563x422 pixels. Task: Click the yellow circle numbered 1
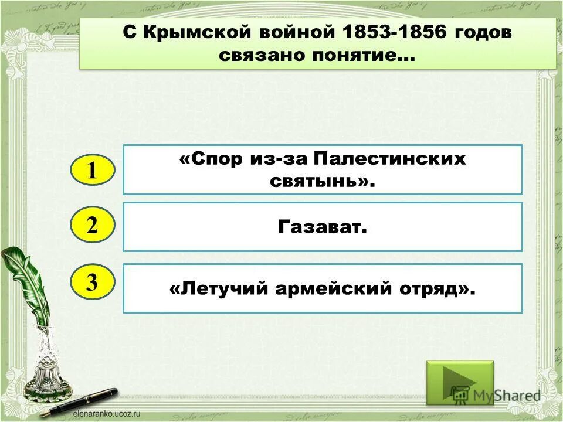93,171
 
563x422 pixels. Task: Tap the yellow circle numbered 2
93,226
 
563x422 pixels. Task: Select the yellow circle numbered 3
93,283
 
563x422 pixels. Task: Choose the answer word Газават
322,226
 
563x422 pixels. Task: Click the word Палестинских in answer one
389,159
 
